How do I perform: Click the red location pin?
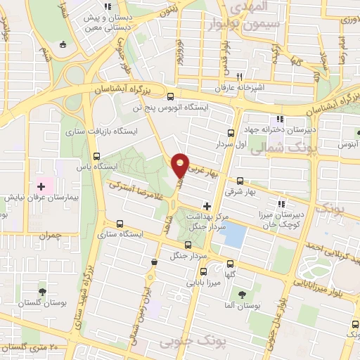click(x=181, y=165)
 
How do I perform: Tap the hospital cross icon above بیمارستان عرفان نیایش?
click(x=41, y=186)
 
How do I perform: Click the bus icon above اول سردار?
click(x=231, y=132)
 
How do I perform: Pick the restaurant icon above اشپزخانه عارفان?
click(x=240, y=77)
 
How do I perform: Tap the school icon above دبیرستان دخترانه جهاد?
click(x=281, y=119)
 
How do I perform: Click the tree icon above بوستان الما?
click(x=243, y=295)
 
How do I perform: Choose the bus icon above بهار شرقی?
click(x=240, y=180)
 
